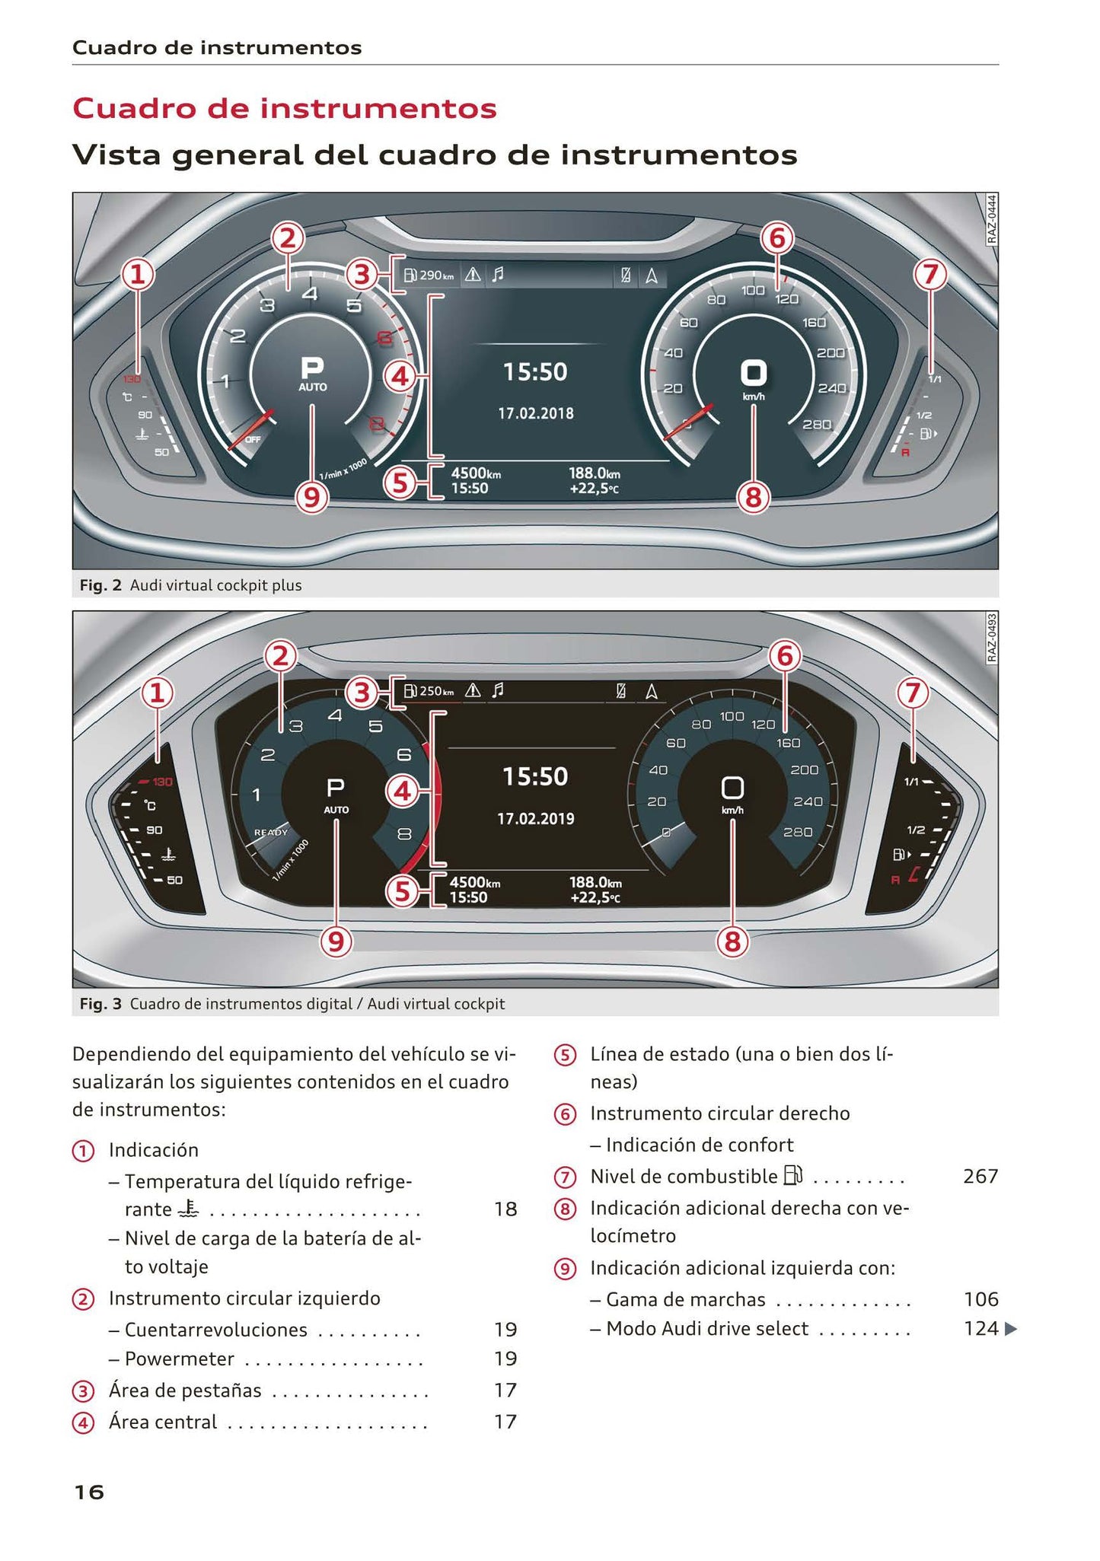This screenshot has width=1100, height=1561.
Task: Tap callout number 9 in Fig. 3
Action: (x=336, y=942)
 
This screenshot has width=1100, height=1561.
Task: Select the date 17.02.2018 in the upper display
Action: (x=536, y=413)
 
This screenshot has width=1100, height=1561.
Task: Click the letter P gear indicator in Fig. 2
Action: (x=312, y=368)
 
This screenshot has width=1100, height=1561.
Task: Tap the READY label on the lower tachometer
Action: (x=271, y=832)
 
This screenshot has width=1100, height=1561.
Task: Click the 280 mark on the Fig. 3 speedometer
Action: (x=798, y=832)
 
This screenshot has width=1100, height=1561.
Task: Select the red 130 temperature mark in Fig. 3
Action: (x=162, y=782)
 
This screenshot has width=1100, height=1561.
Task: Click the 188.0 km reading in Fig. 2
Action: (x=595, y=473)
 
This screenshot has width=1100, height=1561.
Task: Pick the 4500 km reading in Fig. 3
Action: (x=475, y=882)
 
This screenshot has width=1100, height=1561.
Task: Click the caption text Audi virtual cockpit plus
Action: (x=215, y=585)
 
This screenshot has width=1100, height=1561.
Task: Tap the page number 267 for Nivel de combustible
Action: (x=980, y=1177)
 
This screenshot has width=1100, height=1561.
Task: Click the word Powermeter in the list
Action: (x=179, y=1359)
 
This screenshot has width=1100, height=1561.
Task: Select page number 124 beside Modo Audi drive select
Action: (x=980, y=1328)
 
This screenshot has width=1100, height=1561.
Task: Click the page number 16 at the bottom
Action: (x=88, y=1492)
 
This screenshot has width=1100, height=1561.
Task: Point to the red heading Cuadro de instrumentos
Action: (x=284, y=108)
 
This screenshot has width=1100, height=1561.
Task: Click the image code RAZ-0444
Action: (x=991, y=219)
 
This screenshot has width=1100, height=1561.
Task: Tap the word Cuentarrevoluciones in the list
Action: (x=215, y=1330)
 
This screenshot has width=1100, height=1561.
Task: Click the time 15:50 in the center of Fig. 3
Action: (x=536, y=776)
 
